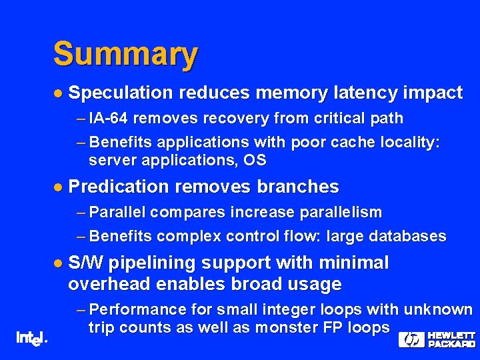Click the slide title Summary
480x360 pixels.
pyautogui.click(x=125, y=55)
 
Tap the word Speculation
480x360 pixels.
pyautogui.click(x=120, y=93)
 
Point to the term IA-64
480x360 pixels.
pyautogui.click(x=109, y=119)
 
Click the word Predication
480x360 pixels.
pyautogui.click(x=123, y=187)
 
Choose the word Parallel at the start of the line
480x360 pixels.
pyautogui.click(x=117, y=213)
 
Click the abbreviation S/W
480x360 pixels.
pyautogui.click(x=86, y=263)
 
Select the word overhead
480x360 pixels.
pyautogui.click(x=108, y=285)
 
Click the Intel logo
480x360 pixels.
pyautogui.click(x=31, y=338)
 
